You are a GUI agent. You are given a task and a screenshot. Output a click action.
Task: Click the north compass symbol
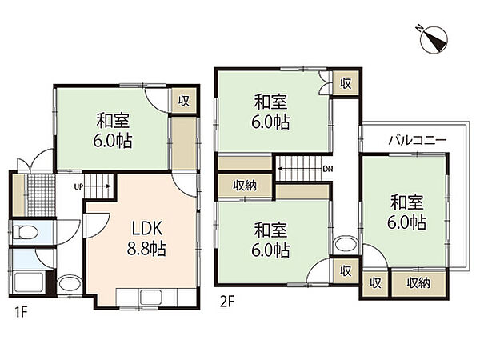click(434, 40)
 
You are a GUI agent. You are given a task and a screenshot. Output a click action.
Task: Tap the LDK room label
click(146, 228)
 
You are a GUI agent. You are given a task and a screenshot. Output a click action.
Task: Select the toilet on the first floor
click(26, 232)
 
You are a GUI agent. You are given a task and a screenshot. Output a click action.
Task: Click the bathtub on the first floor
click(28, 282)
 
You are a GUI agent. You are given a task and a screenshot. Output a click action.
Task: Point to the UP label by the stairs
click(78, 186)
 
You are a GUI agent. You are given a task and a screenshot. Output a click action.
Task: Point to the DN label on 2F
click(328, 169)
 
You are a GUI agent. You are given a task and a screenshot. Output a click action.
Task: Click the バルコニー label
click(418, 141)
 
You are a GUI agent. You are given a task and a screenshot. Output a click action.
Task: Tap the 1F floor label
click(22, 313)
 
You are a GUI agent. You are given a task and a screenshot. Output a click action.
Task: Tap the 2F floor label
click(227, 302)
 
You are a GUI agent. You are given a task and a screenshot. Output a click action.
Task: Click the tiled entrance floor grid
click(42, 194)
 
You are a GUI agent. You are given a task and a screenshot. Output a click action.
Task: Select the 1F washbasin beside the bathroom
click(70, 284)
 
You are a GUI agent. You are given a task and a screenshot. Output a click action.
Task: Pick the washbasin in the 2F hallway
click(346, 244)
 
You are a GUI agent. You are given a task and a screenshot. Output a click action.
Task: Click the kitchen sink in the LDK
click(150, 296)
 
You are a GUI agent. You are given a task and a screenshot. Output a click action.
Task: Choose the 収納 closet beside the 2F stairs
click(245, 186)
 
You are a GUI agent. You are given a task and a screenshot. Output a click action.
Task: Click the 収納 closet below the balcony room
click(418, 283)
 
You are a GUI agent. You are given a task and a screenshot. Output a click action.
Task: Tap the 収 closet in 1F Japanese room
click(184, 101)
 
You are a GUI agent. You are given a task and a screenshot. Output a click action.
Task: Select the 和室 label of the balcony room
click(407, 202)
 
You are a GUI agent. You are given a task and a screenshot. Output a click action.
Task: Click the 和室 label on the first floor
click(113, 121)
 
